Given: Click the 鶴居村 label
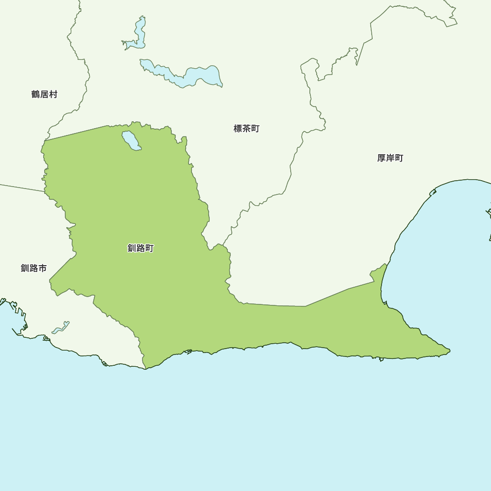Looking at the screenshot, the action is tap(44, 94).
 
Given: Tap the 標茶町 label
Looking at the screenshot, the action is tap(246, 129).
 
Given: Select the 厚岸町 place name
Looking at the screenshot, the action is tap(390, 158).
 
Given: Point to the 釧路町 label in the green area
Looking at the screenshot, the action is tap(141, 248).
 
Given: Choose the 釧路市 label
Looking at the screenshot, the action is tap(34, 268).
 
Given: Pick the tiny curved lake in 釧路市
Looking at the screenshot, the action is tap(61, 327).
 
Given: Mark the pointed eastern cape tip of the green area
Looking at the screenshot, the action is tap(448, 351).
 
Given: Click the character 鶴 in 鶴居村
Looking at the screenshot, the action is tap(36, 94).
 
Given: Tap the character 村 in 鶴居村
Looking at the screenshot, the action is tap(53, 94).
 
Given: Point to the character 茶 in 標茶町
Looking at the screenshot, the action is tap(246, 129).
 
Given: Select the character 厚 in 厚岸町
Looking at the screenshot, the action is tap(382, 158).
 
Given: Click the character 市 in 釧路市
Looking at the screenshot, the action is tap(43, 268).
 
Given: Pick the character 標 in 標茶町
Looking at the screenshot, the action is tap(238, 129).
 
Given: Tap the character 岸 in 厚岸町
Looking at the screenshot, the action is tap(390, 158).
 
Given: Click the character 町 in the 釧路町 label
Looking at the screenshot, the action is tap(150, 248).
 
